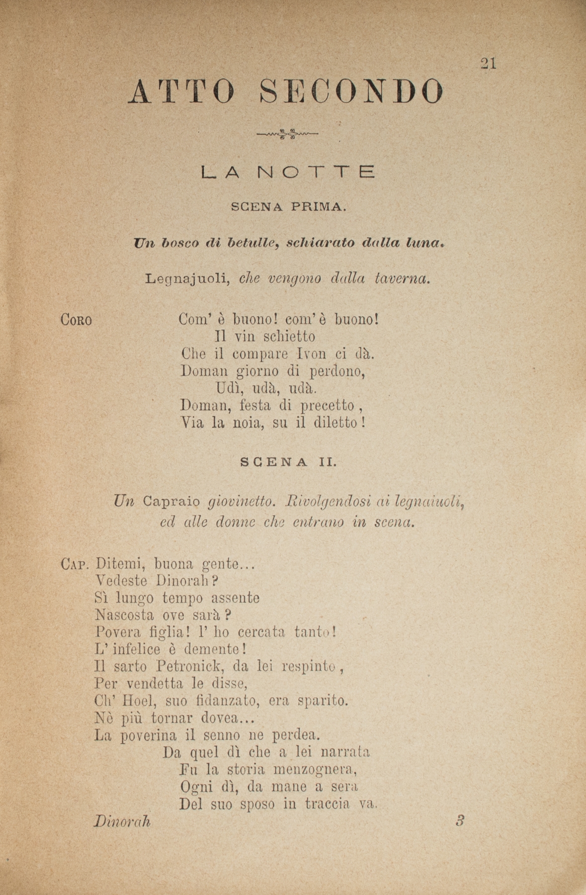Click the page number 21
(x=488, y=63)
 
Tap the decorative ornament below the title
(x=287, y=133)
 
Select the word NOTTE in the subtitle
(x=316, y=173)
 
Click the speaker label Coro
(x=76, y=320)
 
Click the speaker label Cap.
(x=75, y=564)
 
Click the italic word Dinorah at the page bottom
(x=122, y=821)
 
